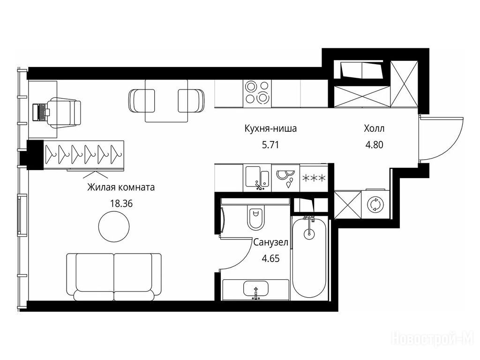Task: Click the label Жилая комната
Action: tap(121, 187)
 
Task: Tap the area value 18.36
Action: tap(121, 203)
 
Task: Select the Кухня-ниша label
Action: tap(270, 128)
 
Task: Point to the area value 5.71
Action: tap(270, 144)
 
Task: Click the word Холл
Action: tap(374, 128)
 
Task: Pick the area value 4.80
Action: tap(374, 144)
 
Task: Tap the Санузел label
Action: tap(271, 242)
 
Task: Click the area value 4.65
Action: tap(271, 259)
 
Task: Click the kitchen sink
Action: tap(257, 178)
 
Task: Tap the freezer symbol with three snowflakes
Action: tap(314, 178)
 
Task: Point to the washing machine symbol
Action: tap(375, 204)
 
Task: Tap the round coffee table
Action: tap(114, 226)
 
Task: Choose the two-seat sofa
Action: tap(114, 277)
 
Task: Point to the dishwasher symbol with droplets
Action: tap(285, 178)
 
